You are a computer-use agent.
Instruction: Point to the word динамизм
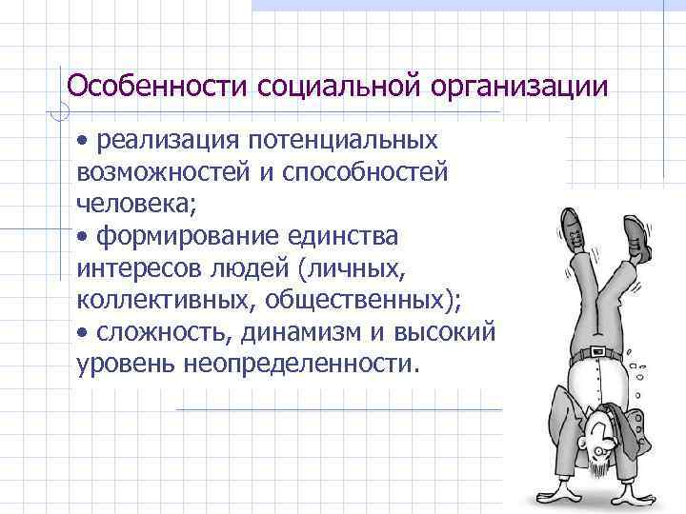[290, 333]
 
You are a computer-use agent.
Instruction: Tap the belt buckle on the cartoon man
[592, 353]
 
